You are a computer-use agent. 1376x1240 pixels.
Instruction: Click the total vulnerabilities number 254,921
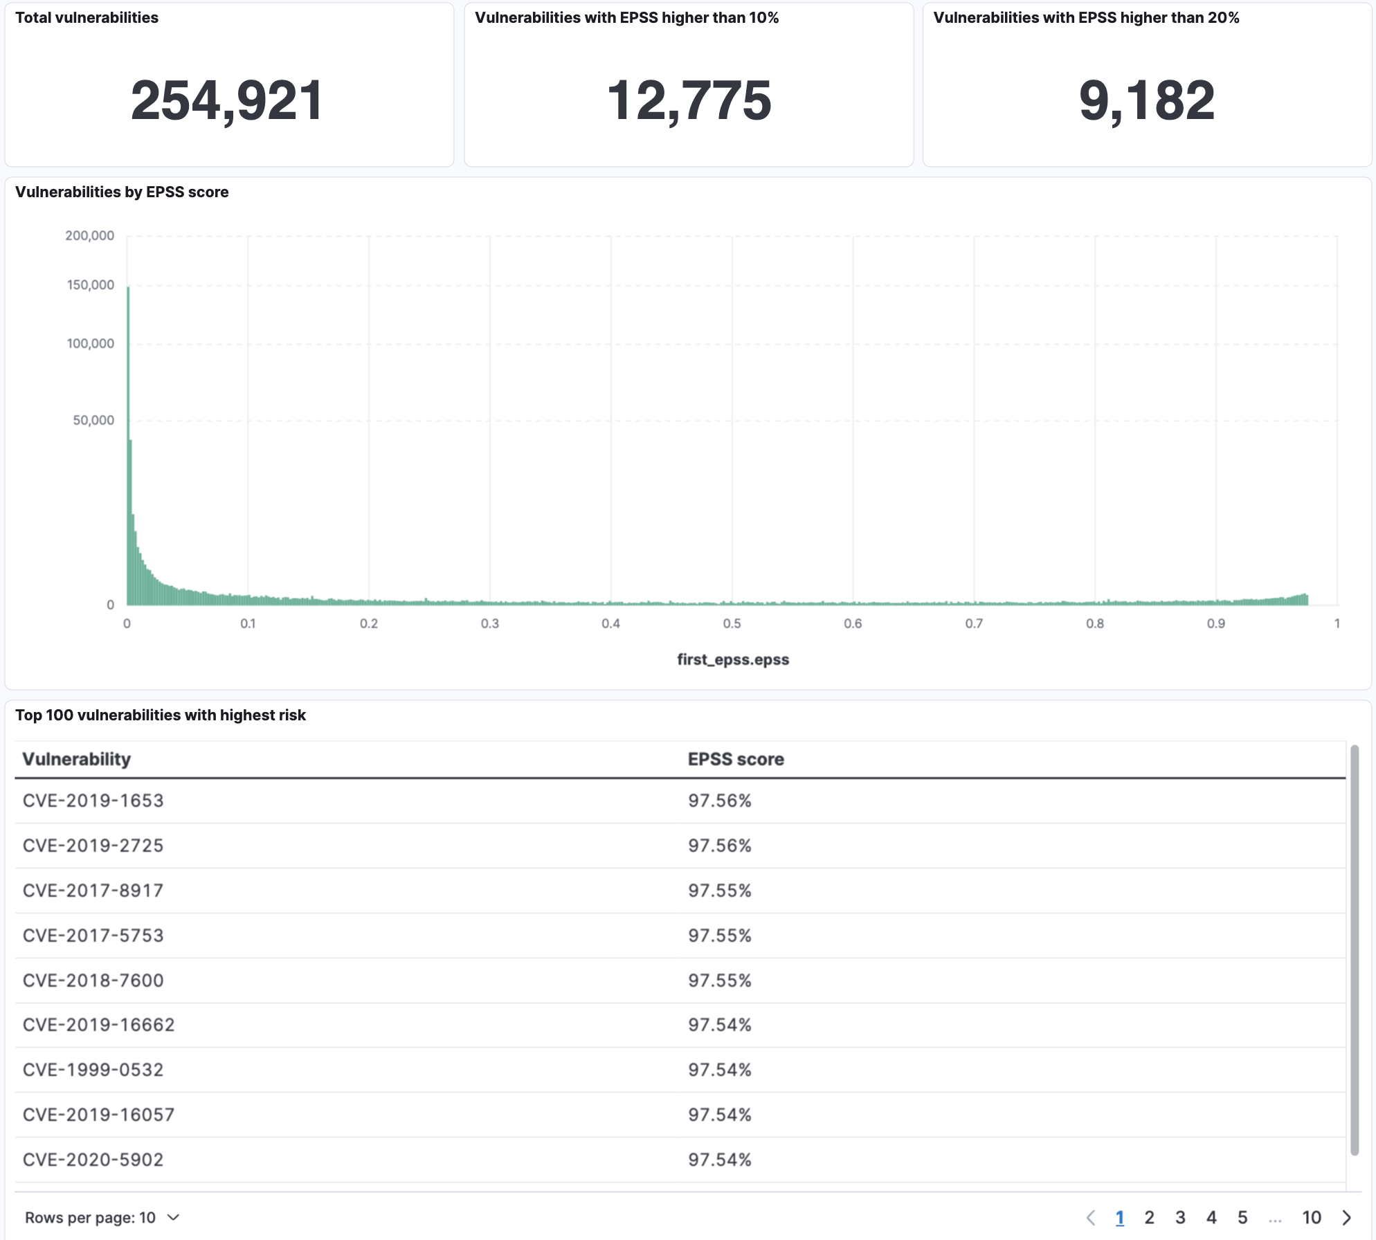pos(227,101)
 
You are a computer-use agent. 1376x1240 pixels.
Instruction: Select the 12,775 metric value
pos(689,101)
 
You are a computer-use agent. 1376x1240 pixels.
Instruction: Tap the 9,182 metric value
pos(1147,101)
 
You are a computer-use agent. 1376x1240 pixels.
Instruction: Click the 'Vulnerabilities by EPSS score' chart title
pos(122,192)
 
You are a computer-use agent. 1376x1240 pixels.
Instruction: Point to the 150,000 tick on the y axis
pos(90,285)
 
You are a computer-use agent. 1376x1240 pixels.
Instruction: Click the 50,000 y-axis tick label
pos(93,420)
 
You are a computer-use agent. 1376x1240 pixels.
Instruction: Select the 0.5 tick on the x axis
pos(732,623)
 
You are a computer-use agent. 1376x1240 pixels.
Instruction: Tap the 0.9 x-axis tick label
pos(1215,623)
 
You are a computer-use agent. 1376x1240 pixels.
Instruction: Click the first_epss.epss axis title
pos(733,659)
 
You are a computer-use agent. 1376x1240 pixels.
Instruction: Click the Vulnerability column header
pos(77,759)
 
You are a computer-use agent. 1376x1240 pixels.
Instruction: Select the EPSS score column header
pos(736,759)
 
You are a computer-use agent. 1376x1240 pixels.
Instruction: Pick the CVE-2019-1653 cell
pos(93,801)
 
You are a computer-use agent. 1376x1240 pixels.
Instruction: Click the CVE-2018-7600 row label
pos(93,981)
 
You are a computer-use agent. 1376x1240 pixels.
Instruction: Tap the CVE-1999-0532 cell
pos(93,1070)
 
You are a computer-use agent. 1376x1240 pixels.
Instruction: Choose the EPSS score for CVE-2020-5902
pos(720,1160)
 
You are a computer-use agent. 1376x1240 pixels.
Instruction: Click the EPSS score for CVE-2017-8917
pos(720,891)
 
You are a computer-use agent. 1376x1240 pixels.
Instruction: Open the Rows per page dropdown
pos(102,1218)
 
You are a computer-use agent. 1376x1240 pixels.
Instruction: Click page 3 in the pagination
pos(1180,1218)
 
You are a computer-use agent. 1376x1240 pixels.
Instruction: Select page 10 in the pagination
pos(1312,1218)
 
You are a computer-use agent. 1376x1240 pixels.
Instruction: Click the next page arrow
pos(1347,1218)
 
